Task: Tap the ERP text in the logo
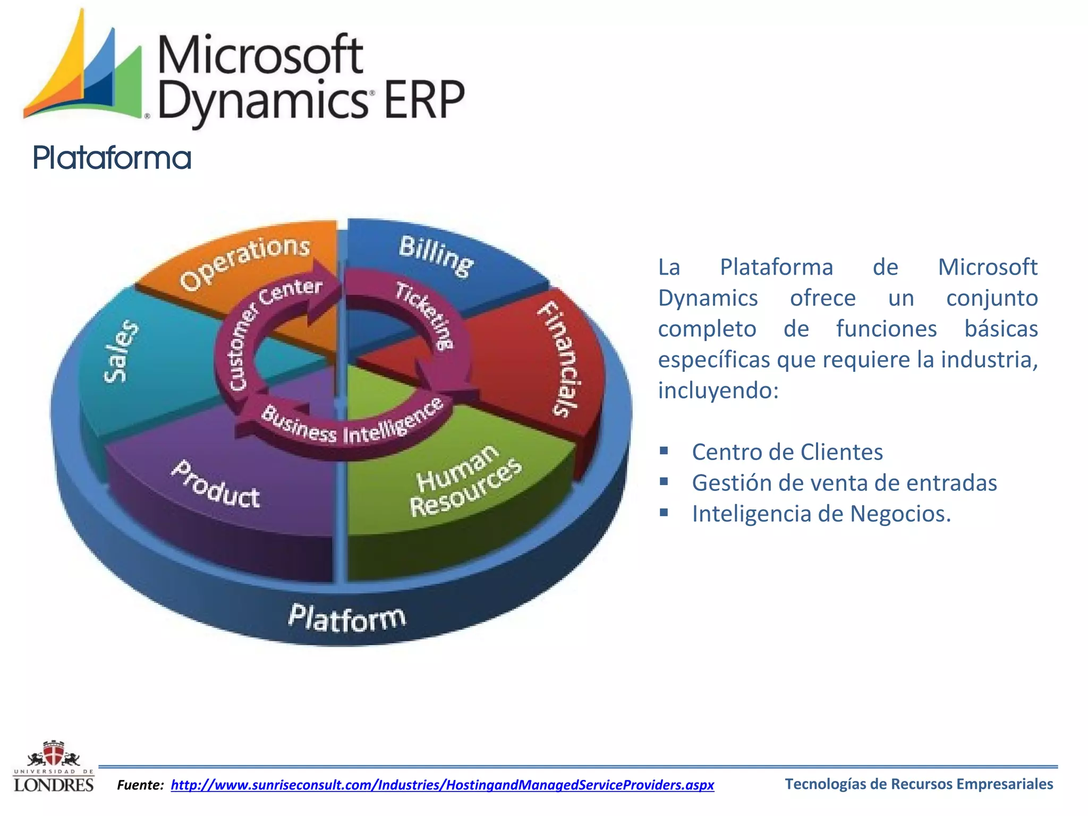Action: (423, 100)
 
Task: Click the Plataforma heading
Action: (112, 158)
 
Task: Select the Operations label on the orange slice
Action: (245, 262)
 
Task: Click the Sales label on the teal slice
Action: (122, 351)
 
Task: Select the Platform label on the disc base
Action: (347, 618)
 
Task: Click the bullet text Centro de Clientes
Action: (787, 452)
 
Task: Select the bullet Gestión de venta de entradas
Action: (844, 483)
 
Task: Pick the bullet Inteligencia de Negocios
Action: (821, 514)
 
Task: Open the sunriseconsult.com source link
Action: (442, 785)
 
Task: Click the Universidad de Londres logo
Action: (53, 767)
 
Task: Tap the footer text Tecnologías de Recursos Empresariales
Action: (919, 784)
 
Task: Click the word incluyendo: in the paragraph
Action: (718, 390)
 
